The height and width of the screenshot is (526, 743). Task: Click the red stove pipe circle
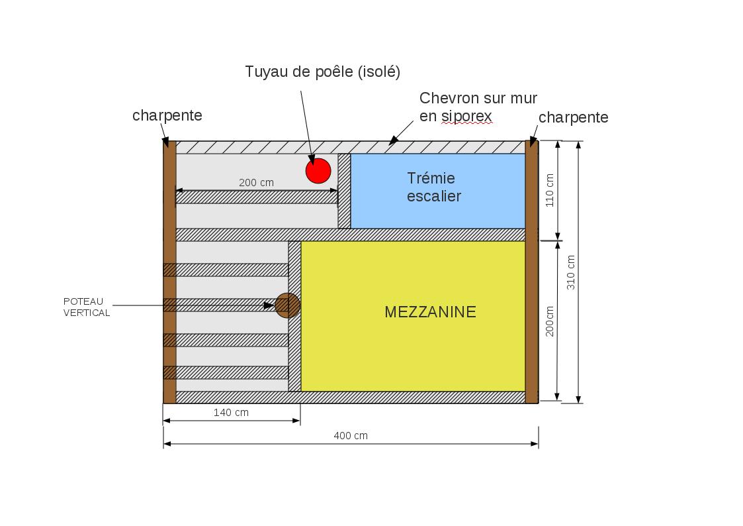[318, 171]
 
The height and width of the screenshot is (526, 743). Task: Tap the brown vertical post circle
[287, 305]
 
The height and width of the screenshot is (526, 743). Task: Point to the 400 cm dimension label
[351, 436]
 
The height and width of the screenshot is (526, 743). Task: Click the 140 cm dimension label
[231, 413]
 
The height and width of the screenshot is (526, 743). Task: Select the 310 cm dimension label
[571, 272]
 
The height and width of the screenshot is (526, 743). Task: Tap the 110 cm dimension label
[550, 191]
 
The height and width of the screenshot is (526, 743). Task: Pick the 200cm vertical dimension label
[550, 321]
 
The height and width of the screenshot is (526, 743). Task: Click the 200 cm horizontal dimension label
[256, 183]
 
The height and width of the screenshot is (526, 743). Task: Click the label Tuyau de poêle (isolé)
[322, 72]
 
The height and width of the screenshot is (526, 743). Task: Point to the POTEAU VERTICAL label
[87, 307]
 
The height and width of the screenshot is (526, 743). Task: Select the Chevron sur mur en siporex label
[478, 107]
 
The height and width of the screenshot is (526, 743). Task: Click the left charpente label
[167, 115]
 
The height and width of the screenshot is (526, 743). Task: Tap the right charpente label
[573, 117]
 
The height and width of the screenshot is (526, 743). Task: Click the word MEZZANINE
[430, 312]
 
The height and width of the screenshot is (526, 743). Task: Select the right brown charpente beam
[531, 272]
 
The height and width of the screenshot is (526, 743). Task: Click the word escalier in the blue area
[433, 196]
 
